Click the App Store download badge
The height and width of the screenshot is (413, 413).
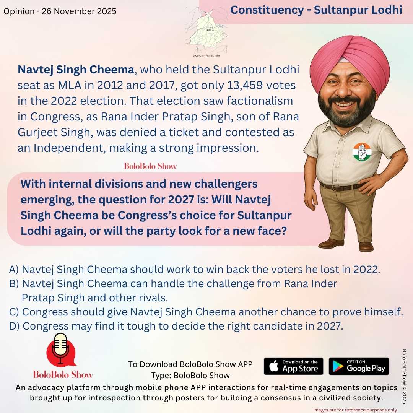click(x=293, y=366)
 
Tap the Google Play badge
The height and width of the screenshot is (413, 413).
click(x=359, y=366)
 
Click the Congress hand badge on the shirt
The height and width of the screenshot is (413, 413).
click(x=362, y=151)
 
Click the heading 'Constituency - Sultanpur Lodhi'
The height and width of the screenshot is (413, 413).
click(x=316, y=10)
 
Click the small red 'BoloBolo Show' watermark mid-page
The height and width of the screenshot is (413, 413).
click(x=150, y=166)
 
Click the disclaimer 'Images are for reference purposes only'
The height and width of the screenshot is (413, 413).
click(x=355, y=410)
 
